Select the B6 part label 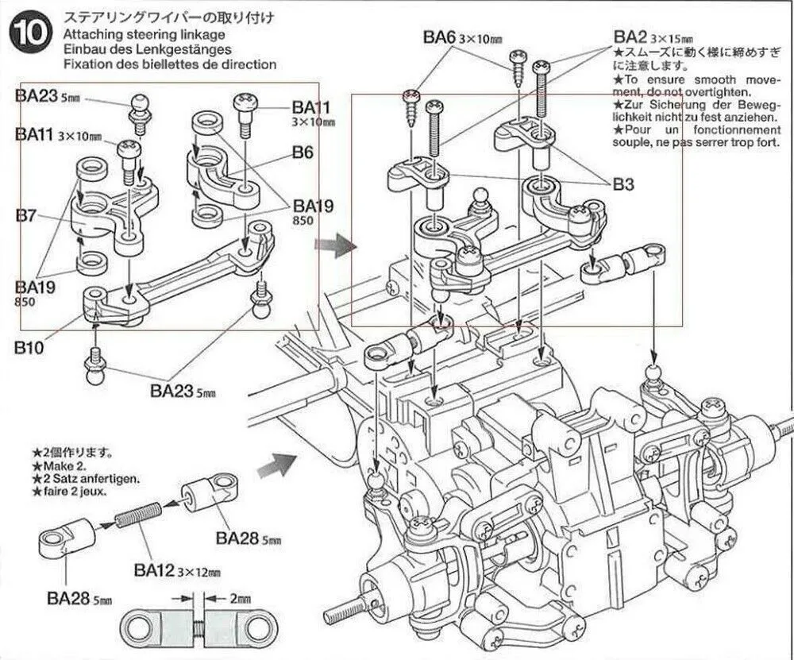pyautogui.click(x=303, y=152)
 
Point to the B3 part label pyautogui.click(x=624, y=183)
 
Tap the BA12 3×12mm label pyautogui.click(x=176, y=569)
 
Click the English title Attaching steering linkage pyautogui.click(x=143, y=35)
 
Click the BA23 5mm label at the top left pyautogui.click(x=47, y=95)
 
